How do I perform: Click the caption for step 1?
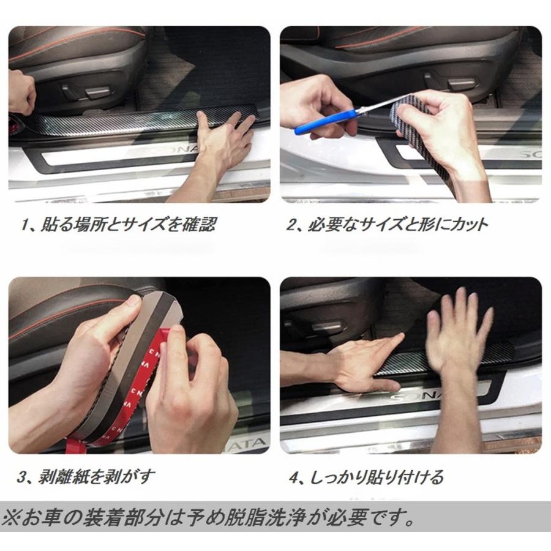click(x=118, y=225)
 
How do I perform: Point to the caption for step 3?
click(x=86, y=477)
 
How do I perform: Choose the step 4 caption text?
click(x=366, y=477)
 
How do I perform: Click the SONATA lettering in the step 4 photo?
click(x=414, y=396)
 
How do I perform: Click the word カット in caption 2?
click(x=469, y=225)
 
